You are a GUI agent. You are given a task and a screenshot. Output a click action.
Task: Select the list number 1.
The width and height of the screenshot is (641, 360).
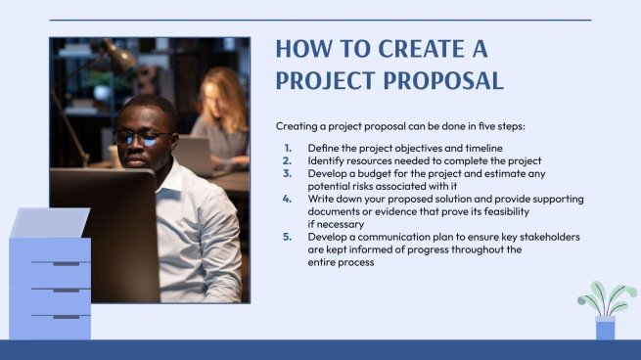pos(287,147)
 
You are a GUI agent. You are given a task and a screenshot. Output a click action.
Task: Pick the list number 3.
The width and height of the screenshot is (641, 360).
pos(287,173)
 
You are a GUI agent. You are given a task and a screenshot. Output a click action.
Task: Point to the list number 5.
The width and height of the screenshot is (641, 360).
pos(287,238)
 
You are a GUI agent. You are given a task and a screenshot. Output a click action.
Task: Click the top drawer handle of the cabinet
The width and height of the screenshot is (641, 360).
pos(66,264)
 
